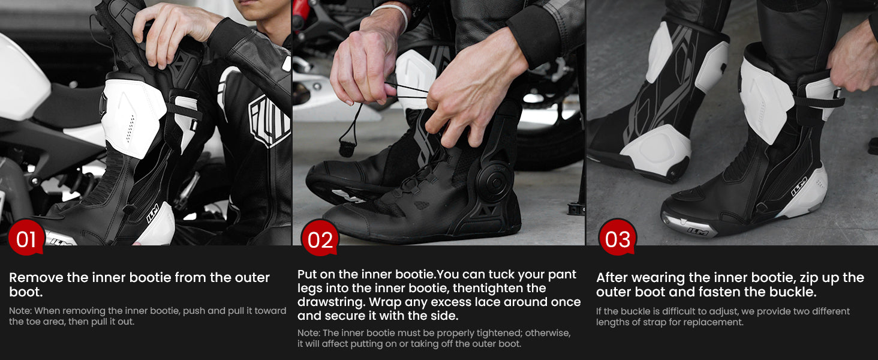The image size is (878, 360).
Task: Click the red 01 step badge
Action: point(26,238)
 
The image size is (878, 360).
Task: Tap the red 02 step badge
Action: point(320,238)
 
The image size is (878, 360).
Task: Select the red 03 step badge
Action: point(617,238)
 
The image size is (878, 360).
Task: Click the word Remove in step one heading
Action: point(36,278)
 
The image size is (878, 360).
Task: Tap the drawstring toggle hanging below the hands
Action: point(347,149)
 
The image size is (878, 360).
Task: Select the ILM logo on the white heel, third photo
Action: point(799,186)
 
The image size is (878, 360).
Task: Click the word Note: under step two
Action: point(309,333)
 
